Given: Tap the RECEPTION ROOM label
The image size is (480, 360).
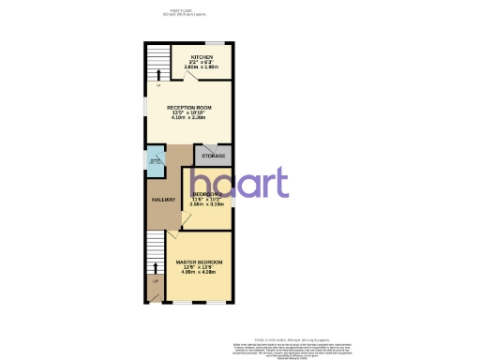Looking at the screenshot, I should click(190, 108).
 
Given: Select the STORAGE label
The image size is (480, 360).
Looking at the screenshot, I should click(213, 156).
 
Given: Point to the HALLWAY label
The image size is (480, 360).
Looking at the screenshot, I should click(162, 200).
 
